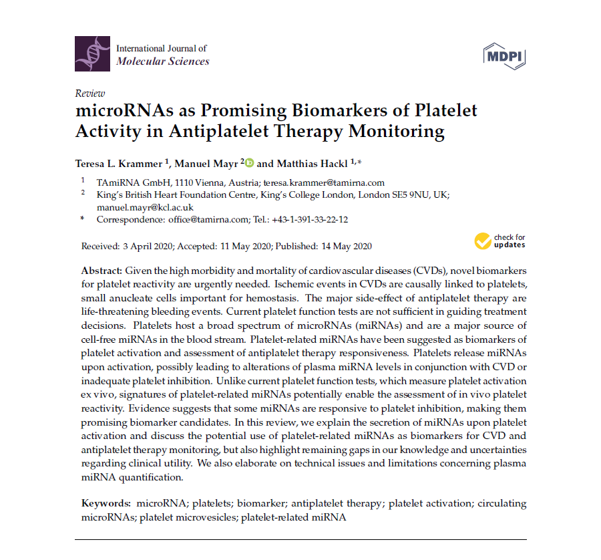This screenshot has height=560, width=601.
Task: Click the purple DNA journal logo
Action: [93, 54]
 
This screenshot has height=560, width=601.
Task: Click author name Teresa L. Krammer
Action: [120, 163]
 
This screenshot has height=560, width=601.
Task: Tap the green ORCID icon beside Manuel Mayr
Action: [250, 162]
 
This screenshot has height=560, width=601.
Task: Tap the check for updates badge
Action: [500, 241]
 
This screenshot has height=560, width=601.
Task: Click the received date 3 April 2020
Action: [148, 246]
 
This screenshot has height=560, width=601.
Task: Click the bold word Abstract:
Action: [102, 271]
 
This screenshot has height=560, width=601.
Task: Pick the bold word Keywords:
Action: [105, 503]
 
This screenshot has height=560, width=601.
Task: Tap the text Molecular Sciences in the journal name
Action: [162, 61]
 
